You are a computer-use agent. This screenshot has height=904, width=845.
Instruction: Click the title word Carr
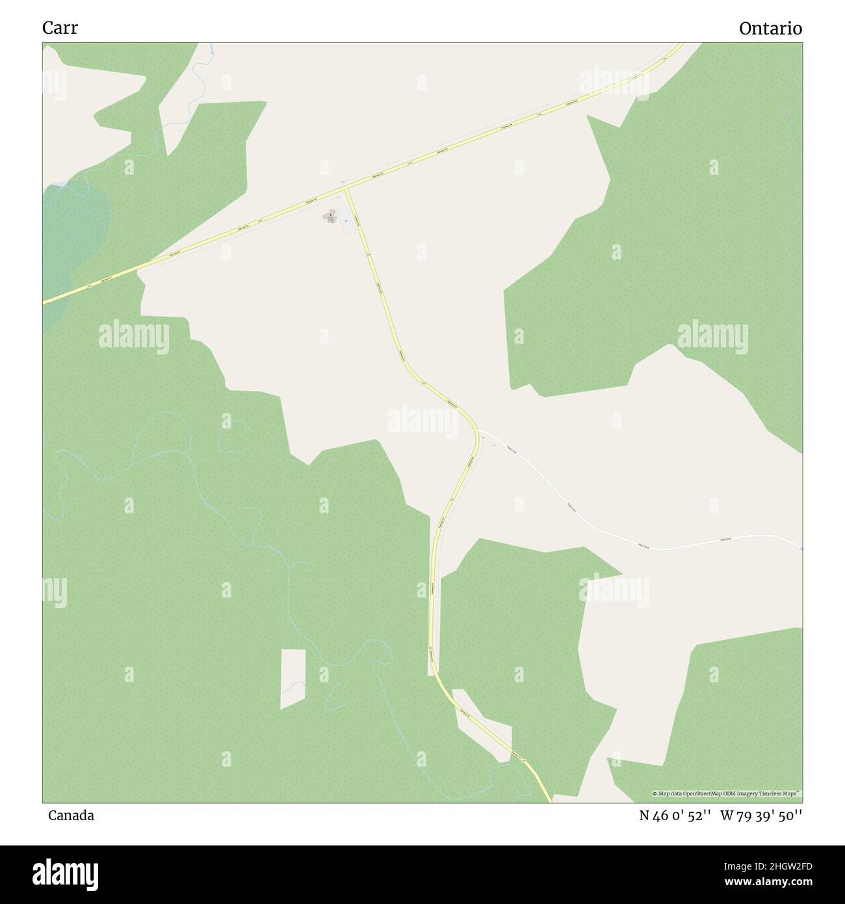60,28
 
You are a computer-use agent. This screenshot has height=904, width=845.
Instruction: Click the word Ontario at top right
770,29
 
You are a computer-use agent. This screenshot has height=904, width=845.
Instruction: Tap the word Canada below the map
71,815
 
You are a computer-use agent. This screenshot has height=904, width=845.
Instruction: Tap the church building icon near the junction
330,215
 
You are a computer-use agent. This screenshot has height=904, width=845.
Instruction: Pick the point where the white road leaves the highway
479,431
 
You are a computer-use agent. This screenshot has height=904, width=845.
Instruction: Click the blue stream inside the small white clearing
296,683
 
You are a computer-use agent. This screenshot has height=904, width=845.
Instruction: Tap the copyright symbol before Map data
655,793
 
